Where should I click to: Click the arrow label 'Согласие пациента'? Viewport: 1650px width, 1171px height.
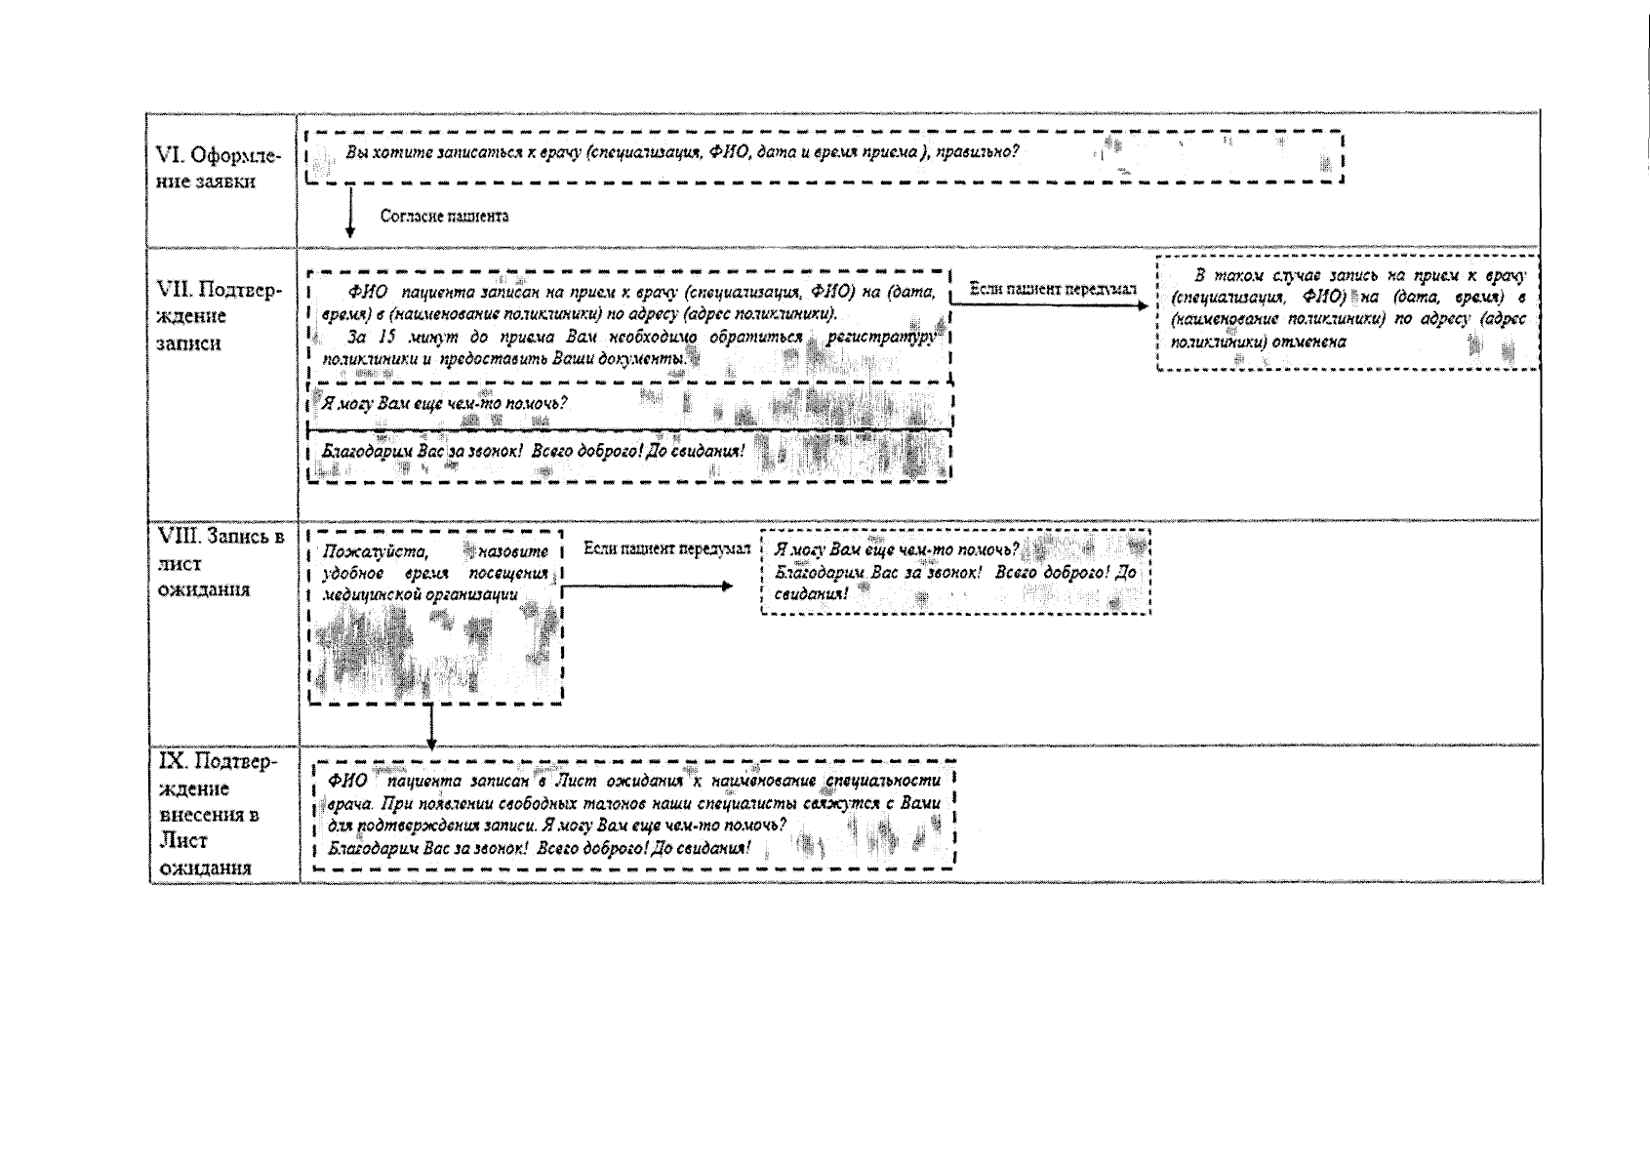444,216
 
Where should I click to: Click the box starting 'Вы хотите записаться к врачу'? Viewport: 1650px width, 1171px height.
825,156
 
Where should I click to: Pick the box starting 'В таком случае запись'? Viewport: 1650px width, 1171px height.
1348,312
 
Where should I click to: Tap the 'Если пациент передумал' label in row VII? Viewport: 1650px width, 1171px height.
1053,289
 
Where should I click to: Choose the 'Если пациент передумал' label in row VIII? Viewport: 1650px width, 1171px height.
666,548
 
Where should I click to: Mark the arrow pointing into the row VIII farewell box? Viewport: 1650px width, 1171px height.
649,586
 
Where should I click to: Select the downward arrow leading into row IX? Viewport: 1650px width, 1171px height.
431,726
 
